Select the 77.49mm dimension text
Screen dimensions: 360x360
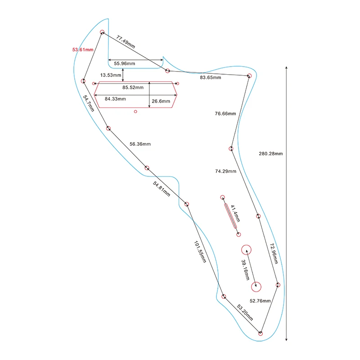point(126,41)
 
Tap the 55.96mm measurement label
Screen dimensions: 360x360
point(123,63)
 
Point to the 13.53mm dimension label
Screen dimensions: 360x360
point(111,75)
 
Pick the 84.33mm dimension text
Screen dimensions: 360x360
point(115,99)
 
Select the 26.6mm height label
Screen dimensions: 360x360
point(160,101)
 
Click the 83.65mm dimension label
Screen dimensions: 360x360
point(211,78)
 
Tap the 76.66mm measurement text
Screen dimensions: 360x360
point(225,114)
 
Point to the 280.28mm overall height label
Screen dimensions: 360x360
point(271,154)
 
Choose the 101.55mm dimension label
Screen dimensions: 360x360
point(200,252)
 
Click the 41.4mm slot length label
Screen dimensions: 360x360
point(235,213)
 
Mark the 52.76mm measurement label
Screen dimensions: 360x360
point(261,301)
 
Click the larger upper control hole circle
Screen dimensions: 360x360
point(246,250)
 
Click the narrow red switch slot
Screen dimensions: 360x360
point(230,216)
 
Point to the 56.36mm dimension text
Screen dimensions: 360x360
point(140,144)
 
